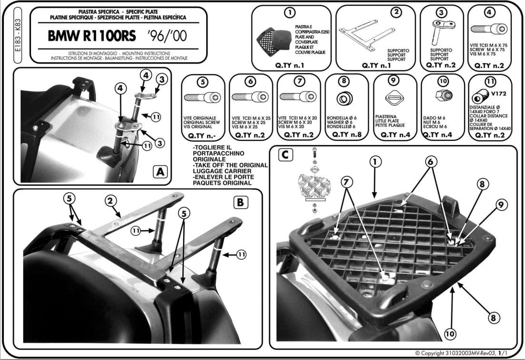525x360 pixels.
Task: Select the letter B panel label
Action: (x=240, y=202)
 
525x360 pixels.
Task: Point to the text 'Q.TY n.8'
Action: (x=347, y=135)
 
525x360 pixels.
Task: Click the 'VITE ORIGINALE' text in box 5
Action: (x=202, y=117)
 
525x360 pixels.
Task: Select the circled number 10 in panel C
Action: (x=450, y=334)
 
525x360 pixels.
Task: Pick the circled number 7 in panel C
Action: (x=347, y=181)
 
